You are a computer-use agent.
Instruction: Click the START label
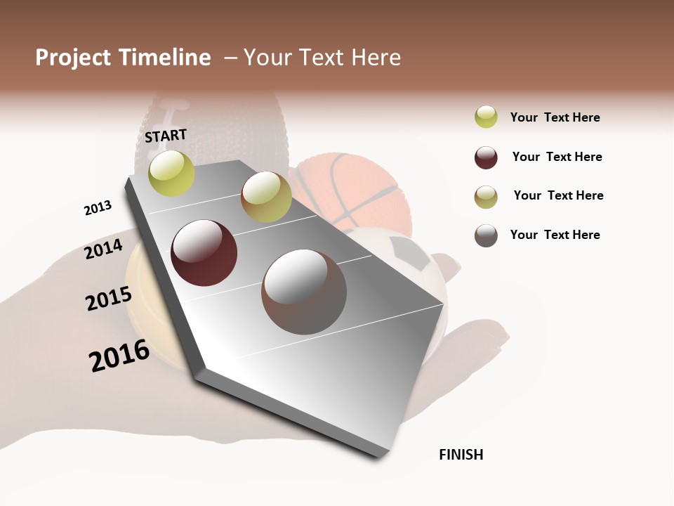(166, 136)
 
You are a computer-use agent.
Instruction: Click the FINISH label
(461, 455)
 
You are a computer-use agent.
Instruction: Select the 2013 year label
(98, 208)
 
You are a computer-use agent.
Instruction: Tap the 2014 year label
(103, 249)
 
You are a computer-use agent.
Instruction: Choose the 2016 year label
(119, 356)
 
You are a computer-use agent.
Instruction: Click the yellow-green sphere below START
(171, 173)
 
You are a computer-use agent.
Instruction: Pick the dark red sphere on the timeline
(204, 253)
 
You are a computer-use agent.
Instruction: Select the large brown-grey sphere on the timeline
(304, 292)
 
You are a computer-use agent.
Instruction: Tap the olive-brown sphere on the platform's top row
(266, 197)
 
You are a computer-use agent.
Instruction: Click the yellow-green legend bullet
(486, 117)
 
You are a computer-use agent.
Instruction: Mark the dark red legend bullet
(486, 157)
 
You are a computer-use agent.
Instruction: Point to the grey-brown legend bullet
(486, 235)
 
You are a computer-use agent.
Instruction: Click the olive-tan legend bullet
(486, 197)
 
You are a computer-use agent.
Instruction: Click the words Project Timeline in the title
(123, 58)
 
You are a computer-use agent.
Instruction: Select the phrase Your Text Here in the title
(322, 58)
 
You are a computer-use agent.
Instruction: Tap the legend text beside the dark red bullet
(557, 157)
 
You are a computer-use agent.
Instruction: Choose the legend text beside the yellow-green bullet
(555, 117)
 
